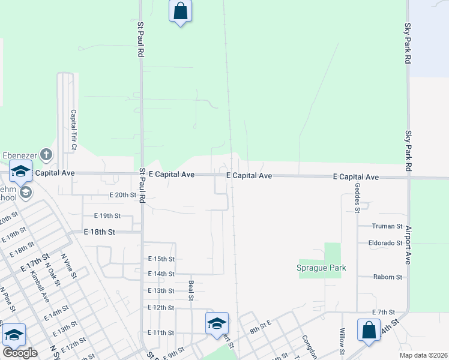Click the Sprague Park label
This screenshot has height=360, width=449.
[322, 268]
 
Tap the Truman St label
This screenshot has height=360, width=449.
[387, 226]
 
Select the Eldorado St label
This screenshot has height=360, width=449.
[385, 243]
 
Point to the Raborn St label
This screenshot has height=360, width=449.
[387, 277]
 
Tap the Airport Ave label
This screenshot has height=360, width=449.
[408, 245]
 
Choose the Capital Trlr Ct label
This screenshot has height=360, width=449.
[73, 130]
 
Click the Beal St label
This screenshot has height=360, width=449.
[191, 290]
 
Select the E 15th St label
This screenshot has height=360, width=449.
[161, 259]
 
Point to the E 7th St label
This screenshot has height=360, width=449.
[382, 313]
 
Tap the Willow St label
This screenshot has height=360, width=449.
[342, 340]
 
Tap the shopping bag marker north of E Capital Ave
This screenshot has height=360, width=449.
[180, 11]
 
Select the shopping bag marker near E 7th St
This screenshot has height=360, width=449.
[368, 331]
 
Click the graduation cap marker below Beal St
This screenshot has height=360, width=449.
[217, 324]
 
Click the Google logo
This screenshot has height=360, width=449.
[20, 353]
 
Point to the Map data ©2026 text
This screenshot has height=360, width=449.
[423, 355]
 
